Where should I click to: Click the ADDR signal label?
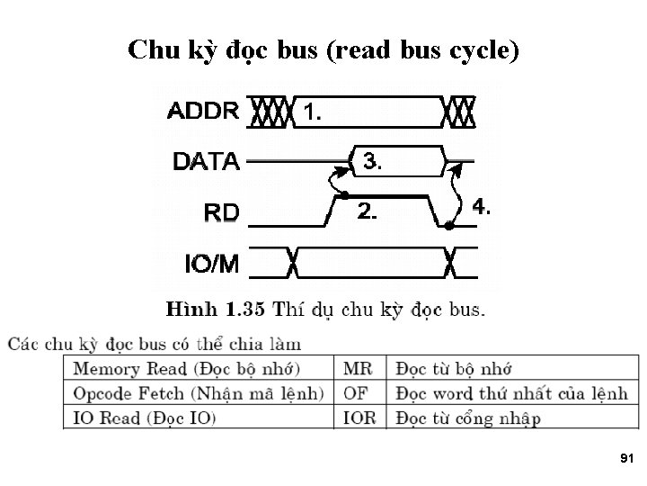pyautogui.click(x=203, y=112)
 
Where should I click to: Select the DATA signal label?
pyautogui.click(x=205, y=162)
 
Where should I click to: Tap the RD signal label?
pyautogui.click(x=221, y=212)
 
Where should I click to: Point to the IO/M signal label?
pyautogui.click(x=211, y=264)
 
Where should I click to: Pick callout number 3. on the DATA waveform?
pyautogui.click(x=371, y=162)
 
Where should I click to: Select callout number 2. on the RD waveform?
pyautogui.click(x=367, y=211)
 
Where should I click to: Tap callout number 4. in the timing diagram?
pyautogui.click(x=481, y=207)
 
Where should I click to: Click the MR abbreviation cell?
pyautogui.click(x=357, y=369)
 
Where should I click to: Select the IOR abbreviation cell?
pyautogui.click(x=359, y=418)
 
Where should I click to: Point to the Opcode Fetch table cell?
pyautogui.click(x=198, y=393)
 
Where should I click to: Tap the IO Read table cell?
pyautogui.click(x=144, y=418)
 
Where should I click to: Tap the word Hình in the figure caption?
pyautogui.click(x=191, y=310)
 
